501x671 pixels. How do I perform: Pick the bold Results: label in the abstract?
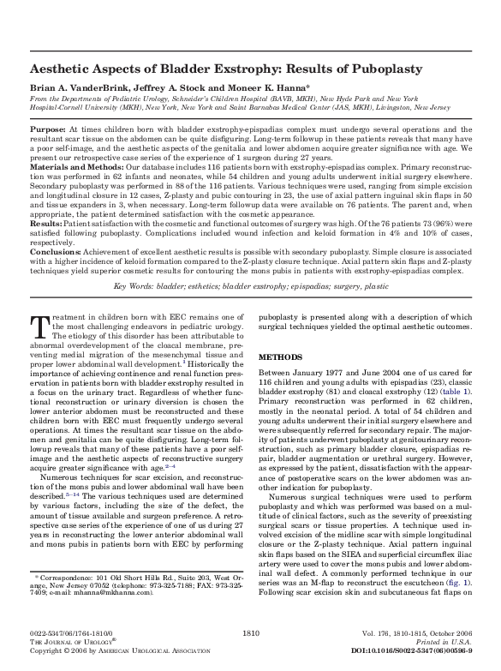pyautogui.click(x=46, y=229)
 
